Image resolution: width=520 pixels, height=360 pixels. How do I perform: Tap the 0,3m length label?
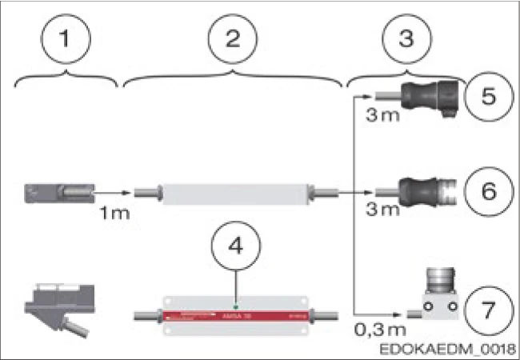click(x=375, y=329)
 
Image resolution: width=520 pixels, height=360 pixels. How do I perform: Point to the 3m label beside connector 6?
click(x=380, y=210)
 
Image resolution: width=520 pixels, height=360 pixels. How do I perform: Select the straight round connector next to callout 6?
click(x=432, y=192)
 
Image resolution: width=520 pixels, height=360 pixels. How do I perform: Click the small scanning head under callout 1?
click(x=60, y=193)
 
